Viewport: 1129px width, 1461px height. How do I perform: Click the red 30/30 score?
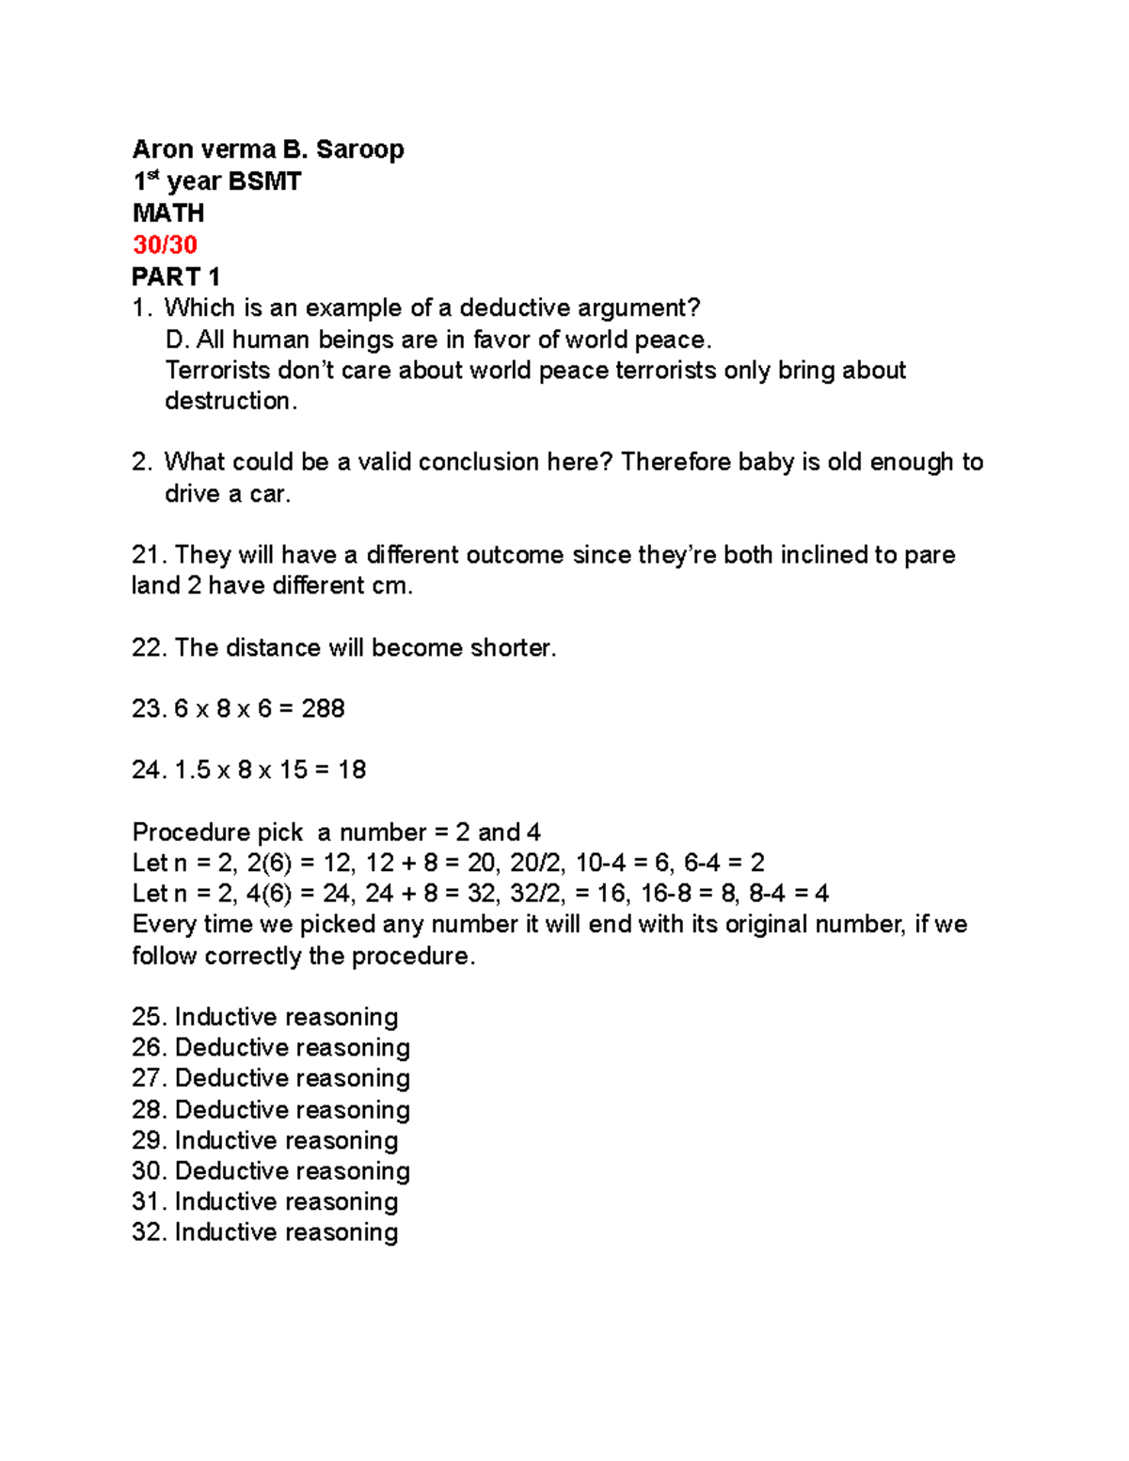pyautogui.click(x=165, y=245)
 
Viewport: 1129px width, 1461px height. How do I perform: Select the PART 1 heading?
pyautogui.click(x=176, y=277)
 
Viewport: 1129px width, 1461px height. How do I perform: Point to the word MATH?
pyautogui.click(x=168, y=213)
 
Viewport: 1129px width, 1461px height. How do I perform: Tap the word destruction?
pyautogui.click(x=230, y=401)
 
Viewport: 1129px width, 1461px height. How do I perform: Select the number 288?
pyautogui.click(x=323, y=708)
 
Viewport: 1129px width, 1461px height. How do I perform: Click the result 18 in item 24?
pyautogui.click(x=351, y=770)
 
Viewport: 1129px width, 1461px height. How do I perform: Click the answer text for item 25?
pyautogui.click(x=286, y=1017)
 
